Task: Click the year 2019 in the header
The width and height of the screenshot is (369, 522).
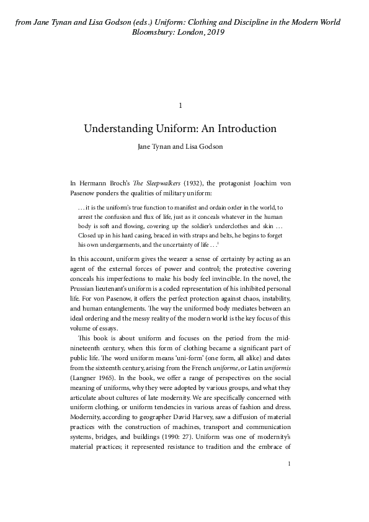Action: [213, 32]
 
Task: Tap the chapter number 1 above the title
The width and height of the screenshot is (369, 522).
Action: [180, 105]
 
